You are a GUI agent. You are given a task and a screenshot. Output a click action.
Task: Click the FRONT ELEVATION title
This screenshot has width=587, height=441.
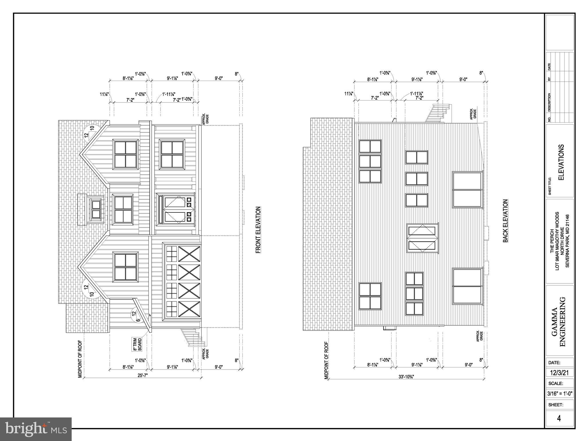(x=258, y=230)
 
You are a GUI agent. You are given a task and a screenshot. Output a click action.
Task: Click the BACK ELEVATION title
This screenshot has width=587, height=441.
(x=505, y=221)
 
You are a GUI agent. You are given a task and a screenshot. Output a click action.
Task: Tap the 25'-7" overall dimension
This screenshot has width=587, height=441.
(x=142, y=375)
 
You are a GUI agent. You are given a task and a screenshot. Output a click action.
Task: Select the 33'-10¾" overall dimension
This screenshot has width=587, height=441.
(x=406, y=377)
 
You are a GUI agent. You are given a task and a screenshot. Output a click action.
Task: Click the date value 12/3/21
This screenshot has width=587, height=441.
(x=559, y=373)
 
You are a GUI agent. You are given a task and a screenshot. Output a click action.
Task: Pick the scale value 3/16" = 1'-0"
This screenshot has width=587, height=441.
(x=559, y=394)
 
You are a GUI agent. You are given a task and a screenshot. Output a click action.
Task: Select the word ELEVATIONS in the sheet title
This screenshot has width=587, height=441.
(x=561, y=162)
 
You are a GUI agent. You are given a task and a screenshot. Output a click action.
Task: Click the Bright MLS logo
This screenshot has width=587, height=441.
(x=36, y=429)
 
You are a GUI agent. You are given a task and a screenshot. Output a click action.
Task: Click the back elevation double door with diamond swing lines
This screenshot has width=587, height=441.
(x=422, y=238)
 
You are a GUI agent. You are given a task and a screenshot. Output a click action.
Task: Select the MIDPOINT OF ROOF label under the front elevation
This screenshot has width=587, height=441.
(x=80, y=359)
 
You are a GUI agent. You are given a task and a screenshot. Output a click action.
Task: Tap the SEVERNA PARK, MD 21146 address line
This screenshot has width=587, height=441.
(x=567, y=241)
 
